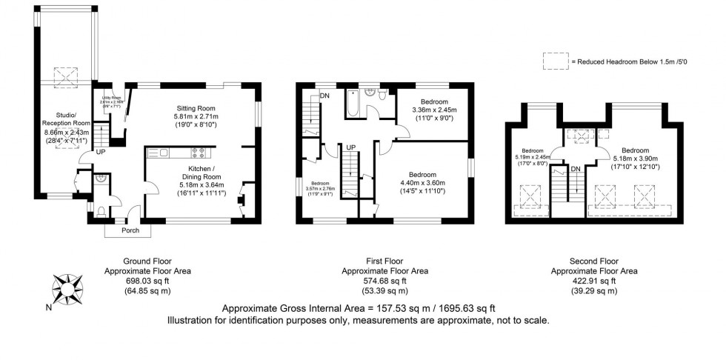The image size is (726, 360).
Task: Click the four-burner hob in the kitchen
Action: pyautogui.click(x=199, y=153)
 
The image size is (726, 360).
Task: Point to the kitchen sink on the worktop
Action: pyautogui.click(x=159, y=153)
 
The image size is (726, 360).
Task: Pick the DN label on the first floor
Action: pyautogui.click(x=324, y=96)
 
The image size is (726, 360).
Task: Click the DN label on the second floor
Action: pyautogui.click(x=575, y=170)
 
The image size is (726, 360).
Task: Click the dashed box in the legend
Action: pyautogui.click(x=553, y=62)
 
